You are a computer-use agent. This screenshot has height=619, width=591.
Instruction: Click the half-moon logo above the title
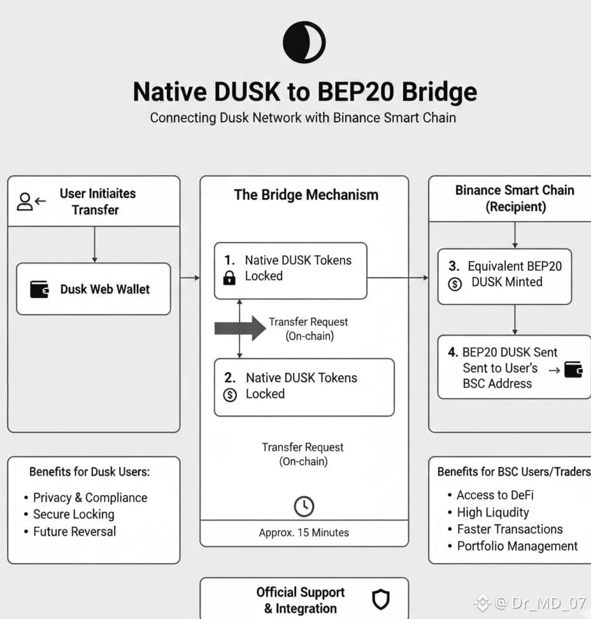[304, 42]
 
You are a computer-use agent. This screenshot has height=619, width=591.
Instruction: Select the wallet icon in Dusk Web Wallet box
[39, 289]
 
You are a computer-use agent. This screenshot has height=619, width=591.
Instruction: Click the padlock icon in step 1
[229, 278]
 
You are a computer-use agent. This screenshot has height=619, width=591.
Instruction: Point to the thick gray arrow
[239, 328]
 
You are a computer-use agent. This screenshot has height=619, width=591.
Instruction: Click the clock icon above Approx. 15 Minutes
[304, 506]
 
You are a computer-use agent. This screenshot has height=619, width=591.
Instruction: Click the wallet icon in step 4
[574, 369]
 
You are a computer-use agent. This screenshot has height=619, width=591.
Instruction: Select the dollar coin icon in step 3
[455, 283]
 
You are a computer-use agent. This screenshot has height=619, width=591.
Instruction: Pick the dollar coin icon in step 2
[230, 395]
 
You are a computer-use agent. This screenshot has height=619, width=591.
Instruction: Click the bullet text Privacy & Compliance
[90, 497]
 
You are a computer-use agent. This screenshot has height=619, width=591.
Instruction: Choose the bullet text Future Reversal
[75, 531]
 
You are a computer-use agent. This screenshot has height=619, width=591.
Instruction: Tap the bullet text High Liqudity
[492, 512]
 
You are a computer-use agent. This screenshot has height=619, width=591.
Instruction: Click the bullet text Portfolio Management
[517, 546]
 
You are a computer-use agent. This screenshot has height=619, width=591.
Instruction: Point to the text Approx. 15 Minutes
[304, 532]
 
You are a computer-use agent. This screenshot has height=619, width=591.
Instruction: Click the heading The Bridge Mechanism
[306, 195]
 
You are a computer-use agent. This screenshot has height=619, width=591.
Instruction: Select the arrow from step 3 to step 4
[515, 319]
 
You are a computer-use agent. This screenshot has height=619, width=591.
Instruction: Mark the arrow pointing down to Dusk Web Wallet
[94, 245]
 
